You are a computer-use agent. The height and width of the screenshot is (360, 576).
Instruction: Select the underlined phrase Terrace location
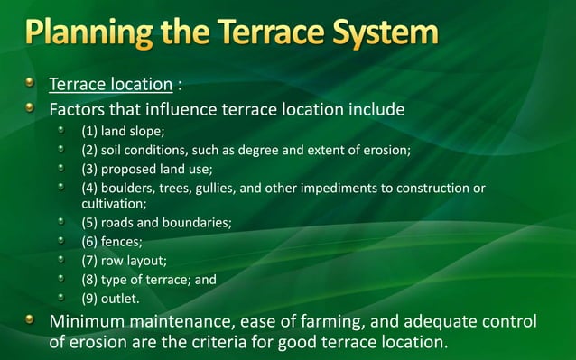coord(110,86)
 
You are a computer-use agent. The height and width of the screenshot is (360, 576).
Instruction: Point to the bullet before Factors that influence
coord(31,110)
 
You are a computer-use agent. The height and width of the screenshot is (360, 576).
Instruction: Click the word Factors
coord(79,111)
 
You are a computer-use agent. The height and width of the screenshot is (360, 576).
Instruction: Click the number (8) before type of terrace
coord(90,279)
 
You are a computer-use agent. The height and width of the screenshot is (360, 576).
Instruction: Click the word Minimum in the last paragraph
coord(92,322)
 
